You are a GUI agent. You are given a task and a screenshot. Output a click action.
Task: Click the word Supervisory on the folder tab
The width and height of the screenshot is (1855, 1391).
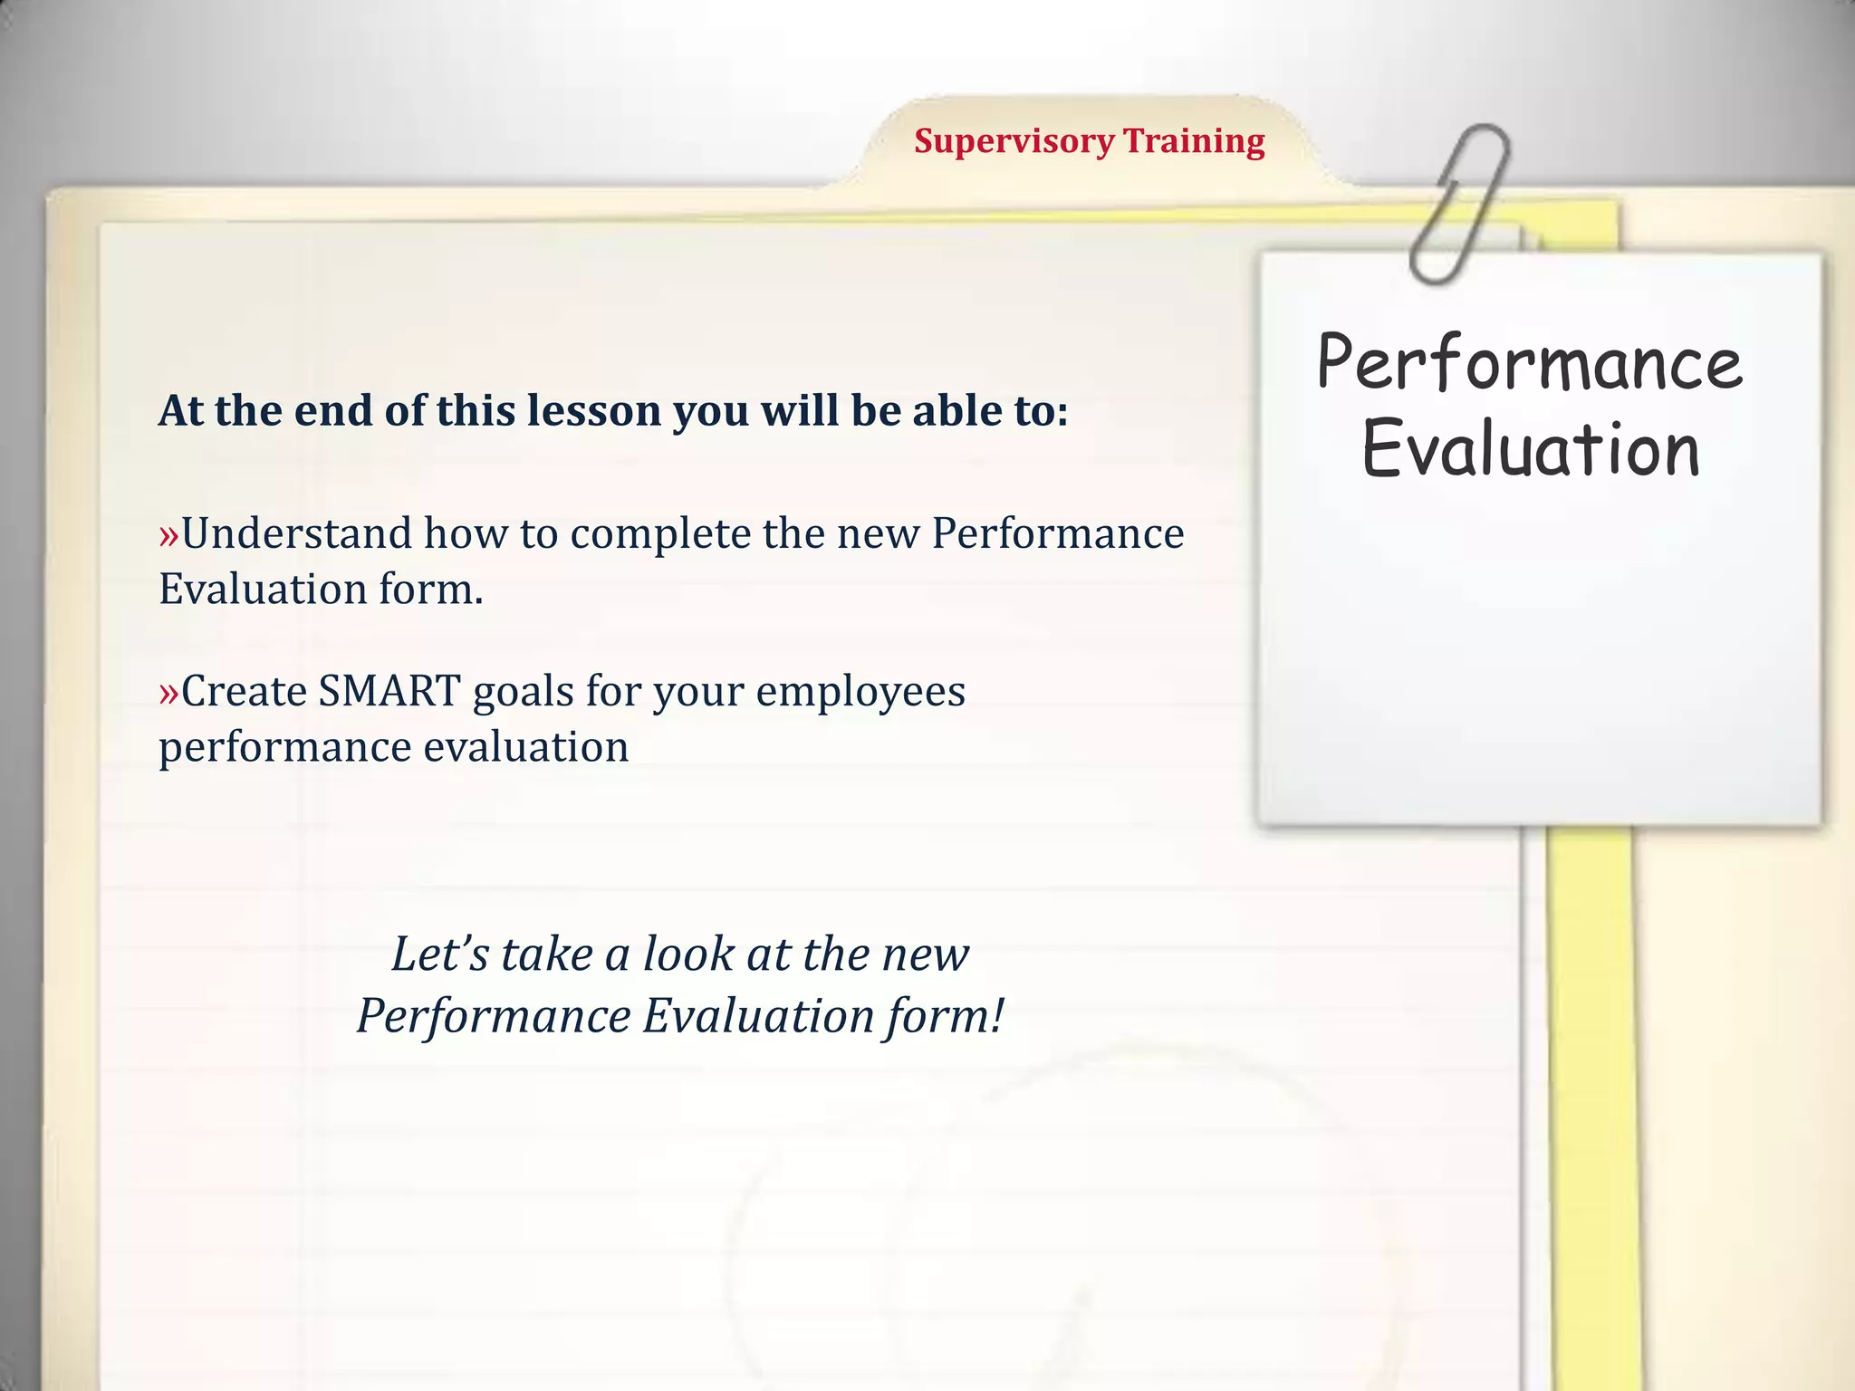[x=1014, y=142]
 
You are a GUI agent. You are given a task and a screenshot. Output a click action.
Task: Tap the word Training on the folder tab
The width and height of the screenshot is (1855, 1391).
[x=1194, y=142]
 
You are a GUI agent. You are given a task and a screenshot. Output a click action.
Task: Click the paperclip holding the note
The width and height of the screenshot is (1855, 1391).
[x=1459, y=204]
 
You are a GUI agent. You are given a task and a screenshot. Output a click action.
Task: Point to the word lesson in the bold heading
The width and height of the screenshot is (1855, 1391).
[x=593, y=410]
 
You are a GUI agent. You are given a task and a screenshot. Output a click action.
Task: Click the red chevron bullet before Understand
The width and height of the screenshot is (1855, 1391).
[x=169, y=534]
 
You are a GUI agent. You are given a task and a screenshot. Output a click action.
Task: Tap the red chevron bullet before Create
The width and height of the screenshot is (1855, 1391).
[x=169, y=693]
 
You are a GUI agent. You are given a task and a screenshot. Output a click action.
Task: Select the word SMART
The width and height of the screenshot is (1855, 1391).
[x=389, y=692]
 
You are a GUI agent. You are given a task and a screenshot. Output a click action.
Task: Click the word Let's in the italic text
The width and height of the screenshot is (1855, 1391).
[x=438, y=954]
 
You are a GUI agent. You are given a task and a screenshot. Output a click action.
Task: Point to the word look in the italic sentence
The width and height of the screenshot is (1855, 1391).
[x=688, y=954]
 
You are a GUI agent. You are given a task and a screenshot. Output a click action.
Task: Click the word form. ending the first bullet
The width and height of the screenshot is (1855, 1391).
[x=430, y=590]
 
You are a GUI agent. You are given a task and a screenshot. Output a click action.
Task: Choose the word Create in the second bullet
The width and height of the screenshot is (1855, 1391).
[x=244, y=692]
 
